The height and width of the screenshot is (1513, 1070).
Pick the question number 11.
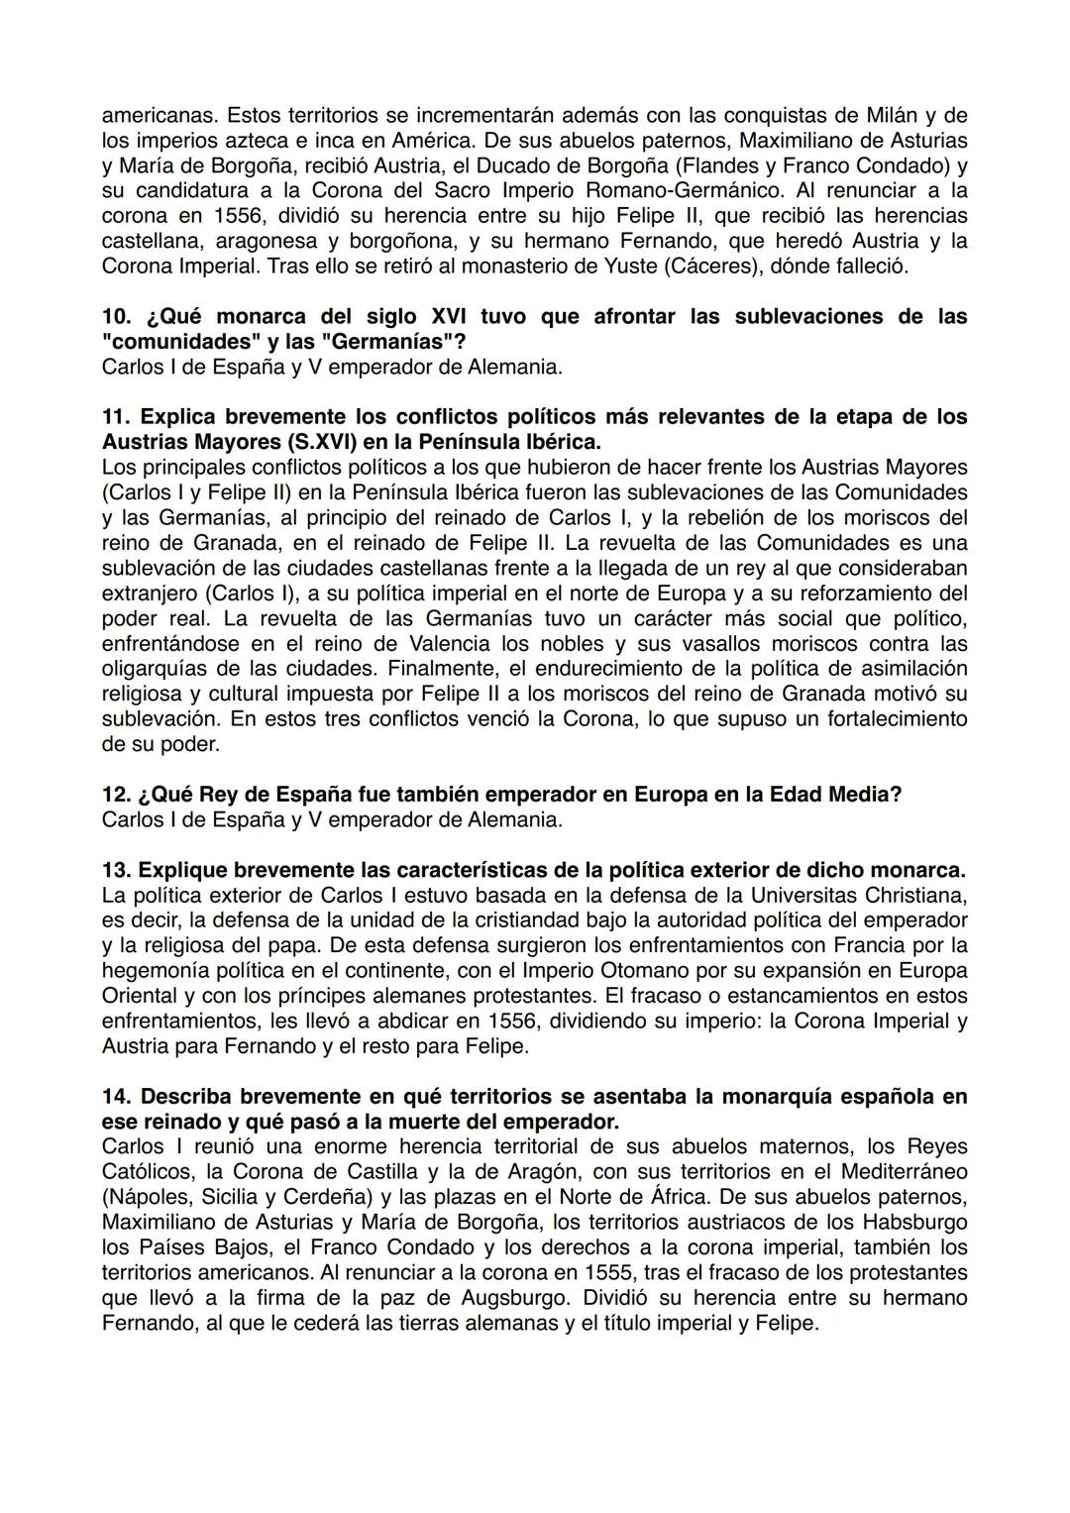115,416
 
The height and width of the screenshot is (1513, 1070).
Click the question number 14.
116,1097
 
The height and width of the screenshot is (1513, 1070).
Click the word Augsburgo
521,1297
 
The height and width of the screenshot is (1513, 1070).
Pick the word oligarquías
154,669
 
